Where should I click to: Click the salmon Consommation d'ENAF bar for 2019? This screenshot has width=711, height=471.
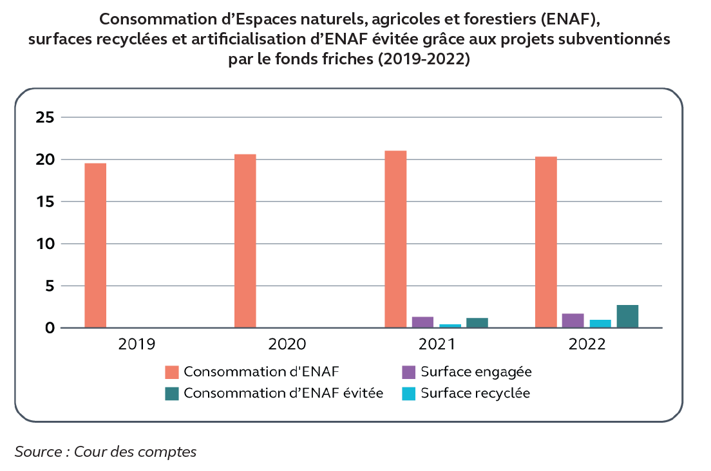coord(95,246)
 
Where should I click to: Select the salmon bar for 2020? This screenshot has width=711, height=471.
coord(245,241)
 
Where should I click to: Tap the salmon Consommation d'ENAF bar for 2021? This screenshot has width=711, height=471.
coord(395,239)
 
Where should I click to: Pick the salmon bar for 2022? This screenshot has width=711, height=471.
coord(546,243)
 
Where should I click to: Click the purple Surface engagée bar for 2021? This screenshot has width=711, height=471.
coord(422,322)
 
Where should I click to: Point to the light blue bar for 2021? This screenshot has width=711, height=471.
coord(450,326)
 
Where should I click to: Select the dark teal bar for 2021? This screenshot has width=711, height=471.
coord(477,323)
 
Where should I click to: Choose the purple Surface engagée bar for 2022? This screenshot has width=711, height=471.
coord(573,320)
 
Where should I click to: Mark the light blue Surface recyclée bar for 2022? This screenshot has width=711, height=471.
coord(600,324)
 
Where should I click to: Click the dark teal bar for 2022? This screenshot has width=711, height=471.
coord(628,317)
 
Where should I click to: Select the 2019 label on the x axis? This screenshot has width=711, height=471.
coord(137,344)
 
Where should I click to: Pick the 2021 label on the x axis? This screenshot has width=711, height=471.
coord(437,344)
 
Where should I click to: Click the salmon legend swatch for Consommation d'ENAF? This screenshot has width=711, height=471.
coord(171,372)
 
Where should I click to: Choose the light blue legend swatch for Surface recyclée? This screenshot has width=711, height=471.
coord(408,394)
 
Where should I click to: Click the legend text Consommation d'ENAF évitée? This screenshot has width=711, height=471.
coord(283,394)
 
